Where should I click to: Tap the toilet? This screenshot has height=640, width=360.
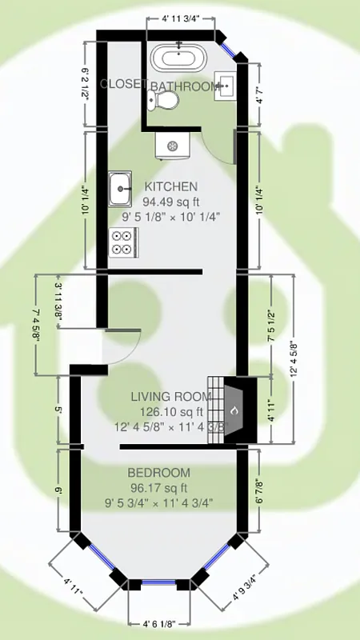coord(166,100)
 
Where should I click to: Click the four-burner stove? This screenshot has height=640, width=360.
coord(123,242)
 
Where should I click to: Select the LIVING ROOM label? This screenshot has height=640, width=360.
coord(171,397)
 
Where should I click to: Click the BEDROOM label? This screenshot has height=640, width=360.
coord(159,473)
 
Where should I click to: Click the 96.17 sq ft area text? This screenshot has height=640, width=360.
coord(158,488)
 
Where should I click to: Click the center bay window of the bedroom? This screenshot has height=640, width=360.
coord(159,585)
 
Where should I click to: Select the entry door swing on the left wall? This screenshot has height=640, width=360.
coord(122,350)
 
